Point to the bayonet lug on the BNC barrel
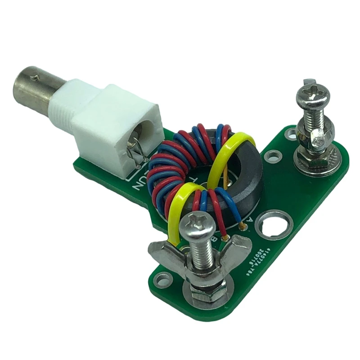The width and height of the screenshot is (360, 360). [x=35, y=77]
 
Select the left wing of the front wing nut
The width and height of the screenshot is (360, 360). [x=164, y=254]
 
